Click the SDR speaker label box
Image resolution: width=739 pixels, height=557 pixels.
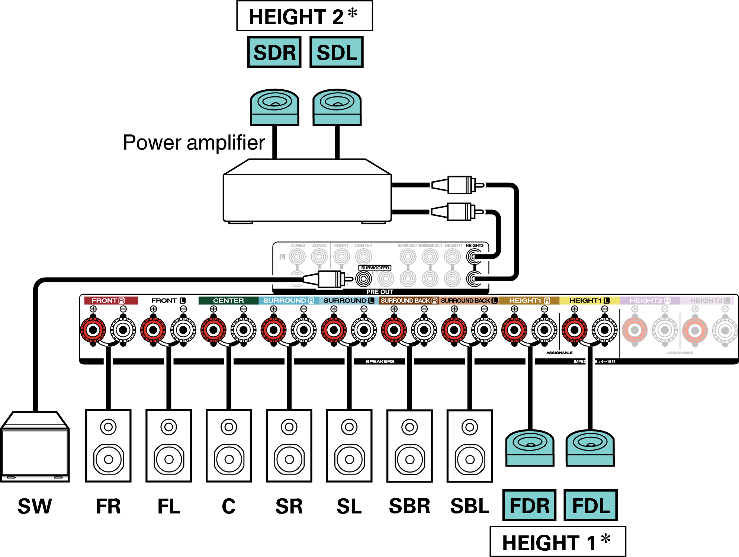[x=274, y=52]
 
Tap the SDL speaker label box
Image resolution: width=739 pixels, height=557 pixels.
[x=336, y=52]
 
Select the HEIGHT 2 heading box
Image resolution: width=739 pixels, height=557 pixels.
[x=304, y=16]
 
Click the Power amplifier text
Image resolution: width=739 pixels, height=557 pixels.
[x=194, y=143]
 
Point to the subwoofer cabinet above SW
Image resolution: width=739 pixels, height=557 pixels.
[x=35, y=446]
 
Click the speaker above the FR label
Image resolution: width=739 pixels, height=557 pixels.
[x=108, y=446]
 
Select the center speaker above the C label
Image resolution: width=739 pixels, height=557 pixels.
[x=229, y=446]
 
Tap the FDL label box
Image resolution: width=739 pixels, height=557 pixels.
[x=590, y=505]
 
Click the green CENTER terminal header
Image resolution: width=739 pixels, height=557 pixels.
[x=228, y=300]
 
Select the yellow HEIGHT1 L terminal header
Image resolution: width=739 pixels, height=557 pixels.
[x=589, y=300]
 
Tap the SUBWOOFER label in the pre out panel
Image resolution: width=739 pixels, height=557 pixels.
[x=375, y=268]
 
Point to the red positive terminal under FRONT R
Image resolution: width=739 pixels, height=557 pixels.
[x=93, y=330]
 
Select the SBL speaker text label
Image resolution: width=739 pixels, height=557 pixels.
[x=469, y=506]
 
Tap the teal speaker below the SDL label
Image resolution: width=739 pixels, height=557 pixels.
[x=337, y=107]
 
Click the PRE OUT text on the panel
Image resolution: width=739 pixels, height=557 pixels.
[x=379, y=292]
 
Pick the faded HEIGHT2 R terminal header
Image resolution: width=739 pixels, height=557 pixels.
[x=649, y=300]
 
